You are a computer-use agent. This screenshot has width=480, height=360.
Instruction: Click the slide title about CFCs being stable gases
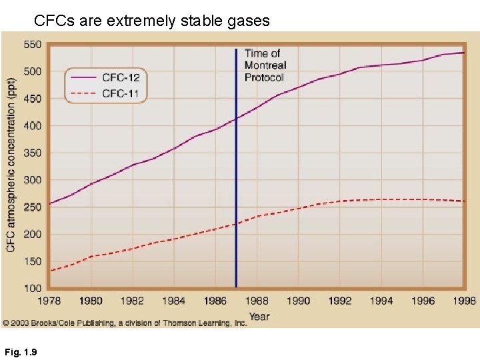[x=152, y=21]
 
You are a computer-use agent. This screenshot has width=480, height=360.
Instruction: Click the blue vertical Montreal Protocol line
[x=236, y=167]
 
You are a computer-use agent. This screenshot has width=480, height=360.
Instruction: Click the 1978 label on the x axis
[x=49, y=301]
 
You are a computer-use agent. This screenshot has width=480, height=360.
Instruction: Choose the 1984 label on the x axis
[x=173, y=301]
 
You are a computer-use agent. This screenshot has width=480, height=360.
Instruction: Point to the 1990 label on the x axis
[x=298, y=301]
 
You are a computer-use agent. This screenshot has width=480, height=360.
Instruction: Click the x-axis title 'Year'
[x=259, y=316]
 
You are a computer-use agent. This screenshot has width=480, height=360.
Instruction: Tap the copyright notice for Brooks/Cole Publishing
[x=125, y=323]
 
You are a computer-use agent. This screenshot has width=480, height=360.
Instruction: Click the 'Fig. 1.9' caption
[x=20, y=351]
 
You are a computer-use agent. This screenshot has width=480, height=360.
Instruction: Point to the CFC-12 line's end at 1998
[x=463, y=53]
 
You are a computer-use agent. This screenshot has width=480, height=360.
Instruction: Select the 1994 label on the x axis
[x=381, y=301]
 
